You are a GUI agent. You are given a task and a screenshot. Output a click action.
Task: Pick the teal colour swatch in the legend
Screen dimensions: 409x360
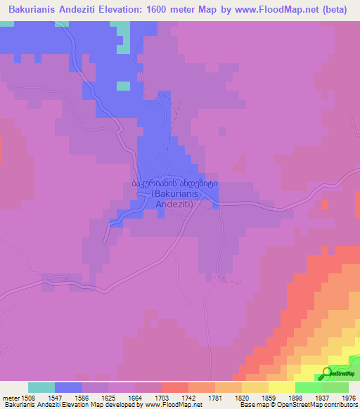point(41,387)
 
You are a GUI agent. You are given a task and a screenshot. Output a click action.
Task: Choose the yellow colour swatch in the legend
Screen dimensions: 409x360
point(282,387)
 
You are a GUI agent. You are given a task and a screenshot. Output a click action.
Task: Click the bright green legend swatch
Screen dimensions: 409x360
point(309,387)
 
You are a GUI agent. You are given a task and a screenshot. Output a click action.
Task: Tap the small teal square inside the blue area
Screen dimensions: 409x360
point(123,86)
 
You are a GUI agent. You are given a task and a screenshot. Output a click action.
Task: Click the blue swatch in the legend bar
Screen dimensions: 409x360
point(68,387)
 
